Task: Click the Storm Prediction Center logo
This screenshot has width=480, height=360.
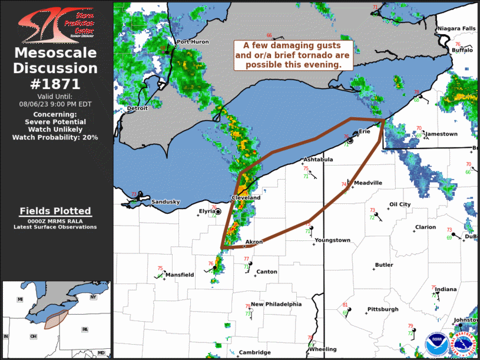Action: click(56, 24)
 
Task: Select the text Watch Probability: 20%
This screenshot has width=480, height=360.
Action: click(55, 137)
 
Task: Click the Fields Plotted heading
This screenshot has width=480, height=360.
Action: click(55, 211)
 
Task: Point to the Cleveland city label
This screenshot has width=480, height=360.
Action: click(246, 198)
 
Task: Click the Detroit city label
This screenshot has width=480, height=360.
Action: click(137, 109)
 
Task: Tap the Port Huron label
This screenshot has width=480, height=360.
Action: click(193, 42)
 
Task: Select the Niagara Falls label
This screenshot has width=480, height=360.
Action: click(456, 29)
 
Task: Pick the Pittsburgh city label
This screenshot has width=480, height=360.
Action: click(382, 309)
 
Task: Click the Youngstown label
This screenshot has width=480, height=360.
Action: click(332, 240)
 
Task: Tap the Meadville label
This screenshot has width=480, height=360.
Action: click(368, 183)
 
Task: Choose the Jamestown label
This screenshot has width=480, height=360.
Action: click(441, 134)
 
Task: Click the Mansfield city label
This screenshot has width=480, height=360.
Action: click(180, 275)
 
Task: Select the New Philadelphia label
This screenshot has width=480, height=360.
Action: click(276, 305)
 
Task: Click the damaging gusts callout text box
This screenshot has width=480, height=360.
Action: click(293, 55)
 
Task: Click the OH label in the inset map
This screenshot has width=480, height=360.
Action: click(34, 336)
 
